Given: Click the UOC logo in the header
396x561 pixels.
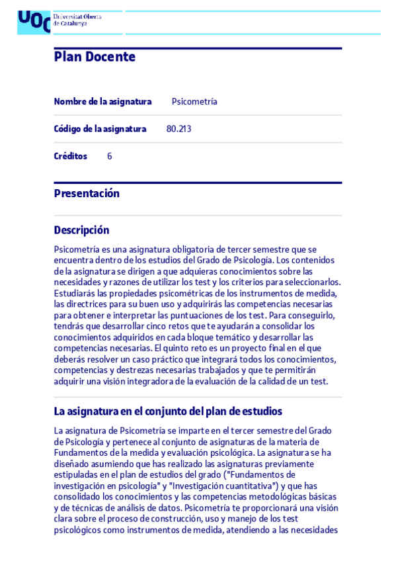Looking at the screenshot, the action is point(34,22).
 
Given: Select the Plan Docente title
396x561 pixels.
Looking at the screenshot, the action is point(95,57).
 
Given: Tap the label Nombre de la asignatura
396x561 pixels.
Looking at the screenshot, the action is point(102,102).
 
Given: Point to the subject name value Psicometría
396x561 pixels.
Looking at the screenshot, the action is point(194,102).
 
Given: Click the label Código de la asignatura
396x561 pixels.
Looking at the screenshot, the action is point(100,129).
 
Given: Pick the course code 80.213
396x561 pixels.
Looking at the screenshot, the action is point(178,129).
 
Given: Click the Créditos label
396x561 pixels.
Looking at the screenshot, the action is point(70,157).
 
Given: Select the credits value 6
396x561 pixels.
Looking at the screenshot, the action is point(110,157).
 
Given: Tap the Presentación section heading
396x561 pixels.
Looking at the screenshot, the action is point(87,194).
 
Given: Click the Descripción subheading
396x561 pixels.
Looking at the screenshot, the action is point(81,230).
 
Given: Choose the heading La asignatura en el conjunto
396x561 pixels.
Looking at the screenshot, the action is point(168,411).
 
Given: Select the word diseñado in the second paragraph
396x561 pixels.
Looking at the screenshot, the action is point(71,464).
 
